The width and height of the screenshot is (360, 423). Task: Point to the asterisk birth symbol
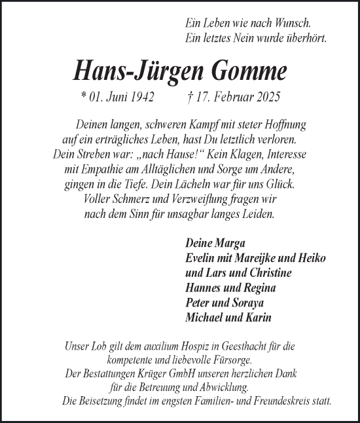(83, 96)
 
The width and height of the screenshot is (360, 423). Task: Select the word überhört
(304, 38)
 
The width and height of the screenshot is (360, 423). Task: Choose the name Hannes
(204, 288)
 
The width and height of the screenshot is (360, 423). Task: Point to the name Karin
(259, 318)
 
